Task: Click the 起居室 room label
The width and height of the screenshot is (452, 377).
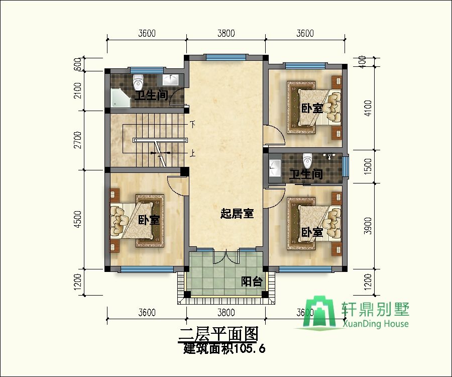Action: [237, 214]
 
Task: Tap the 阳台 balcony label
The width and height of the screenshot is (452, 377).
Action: [252, 281]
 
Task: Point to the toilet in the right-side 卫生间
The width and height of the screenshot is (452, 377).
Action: [307, 161]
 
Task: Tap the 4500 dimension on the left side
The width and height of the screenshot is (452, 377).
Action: [78, 219]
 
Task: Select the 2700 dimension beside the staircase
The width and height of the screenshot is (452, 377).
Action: [78, 140]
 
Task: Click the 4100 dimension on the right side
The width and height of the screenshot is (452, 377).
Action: [368, 108]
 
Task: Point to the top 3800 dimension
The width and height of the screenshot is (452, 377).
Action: [226, 34]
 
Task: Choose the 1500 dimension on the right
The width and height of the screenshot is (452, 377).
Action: [368, 166]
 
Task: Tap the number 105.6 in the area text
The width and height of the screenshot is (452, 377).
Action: [250, 349]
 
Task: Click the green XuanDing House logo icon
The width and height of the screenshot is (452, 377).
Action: [316, 312]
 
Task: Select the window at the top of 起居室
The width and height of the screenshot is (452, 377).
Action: [226, 57]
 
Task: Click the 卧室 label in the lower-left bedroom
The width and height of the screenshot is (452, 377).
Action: [149, 220]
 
